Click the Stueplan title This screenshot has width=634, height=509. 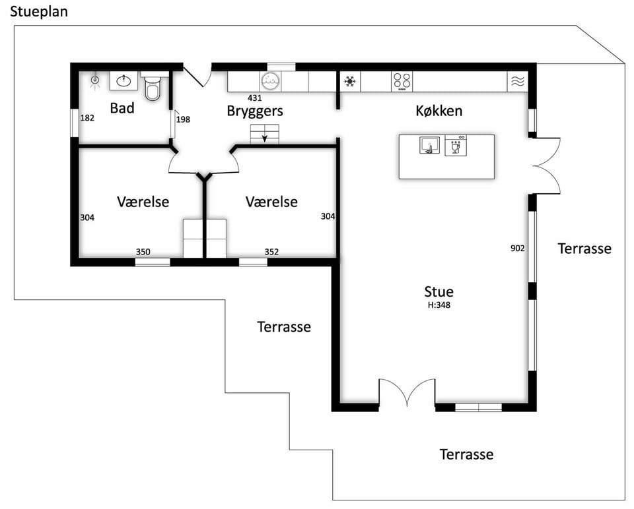[x=39, y=12]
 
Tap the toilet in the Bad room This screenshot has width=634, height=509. [x=153, y=86]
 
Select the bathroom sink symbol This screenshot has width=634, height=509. [x=123, y=81]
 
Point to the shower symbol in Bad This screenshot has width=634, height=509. [x=95, y=80]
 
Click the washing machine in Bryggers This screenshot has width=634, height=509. [x=270, y=82]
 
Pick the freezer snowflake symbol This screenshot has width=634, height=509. [x=350, y=82]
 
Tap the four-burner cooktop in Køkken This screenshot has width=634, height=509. [x=402, y=82]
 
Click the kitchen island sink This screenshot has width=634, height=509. [x=429, y=145]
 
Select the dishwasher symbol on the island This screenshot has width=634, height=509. [x=456, y=145]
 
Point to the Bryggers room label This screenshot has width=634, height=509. [x=255, y=111]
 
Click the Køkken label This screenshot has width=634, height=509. [x=439, y=111]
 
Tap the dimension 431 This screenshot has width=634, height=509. [x=255, y=98]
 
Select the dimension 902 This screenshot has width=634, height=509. [x=518, y=249]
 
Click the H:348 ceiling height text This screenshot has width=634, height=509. [x=439, y=305]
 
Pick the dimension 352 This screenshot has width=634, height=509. [x=271, y=252]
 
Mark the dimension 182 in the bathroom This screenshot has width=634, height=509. [x=87, y=118]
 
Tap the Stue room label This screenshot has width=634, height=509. [x=439, y=291]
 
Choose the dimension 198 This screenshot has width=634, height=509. [x=183, y=119]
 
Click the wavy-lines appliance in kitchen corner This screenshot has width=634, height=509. [x=518, y=82]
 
